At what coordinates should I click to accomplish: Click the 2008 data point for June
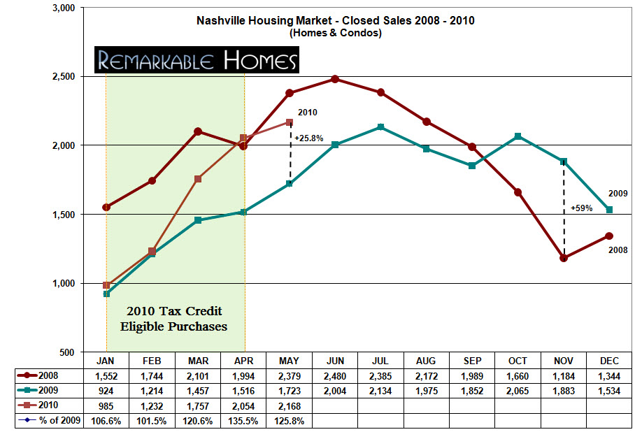pos(335,79)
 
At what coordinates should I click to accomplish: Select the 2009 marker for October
pos(518,136)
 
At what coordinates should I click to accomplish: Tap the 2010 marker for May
pos(290,122)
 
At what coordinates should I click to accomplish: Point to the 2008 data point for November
pos(564,258)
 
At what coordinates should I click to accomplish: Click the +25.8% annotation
pos(308,138)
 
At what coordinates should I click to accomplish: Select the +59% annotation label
pos(581,208)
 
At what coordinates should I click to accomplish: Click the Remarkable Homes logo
pos(197,61)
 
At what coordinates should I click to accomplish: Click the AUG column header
pos(426,361)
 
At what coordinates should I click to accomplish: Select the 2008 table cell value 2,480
pos(335,376)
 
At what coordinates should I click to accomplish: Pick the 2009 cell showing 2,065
pos(518,391)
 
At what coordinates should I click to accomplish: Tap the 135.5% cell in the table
pos(243,421)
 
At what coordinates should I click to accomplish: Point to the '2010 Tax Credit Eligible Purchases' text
pos(176,318)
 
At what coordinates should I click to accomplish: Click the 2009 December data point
pos(609,210)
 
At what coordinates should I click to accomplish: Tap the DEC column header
pos(609,361)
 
